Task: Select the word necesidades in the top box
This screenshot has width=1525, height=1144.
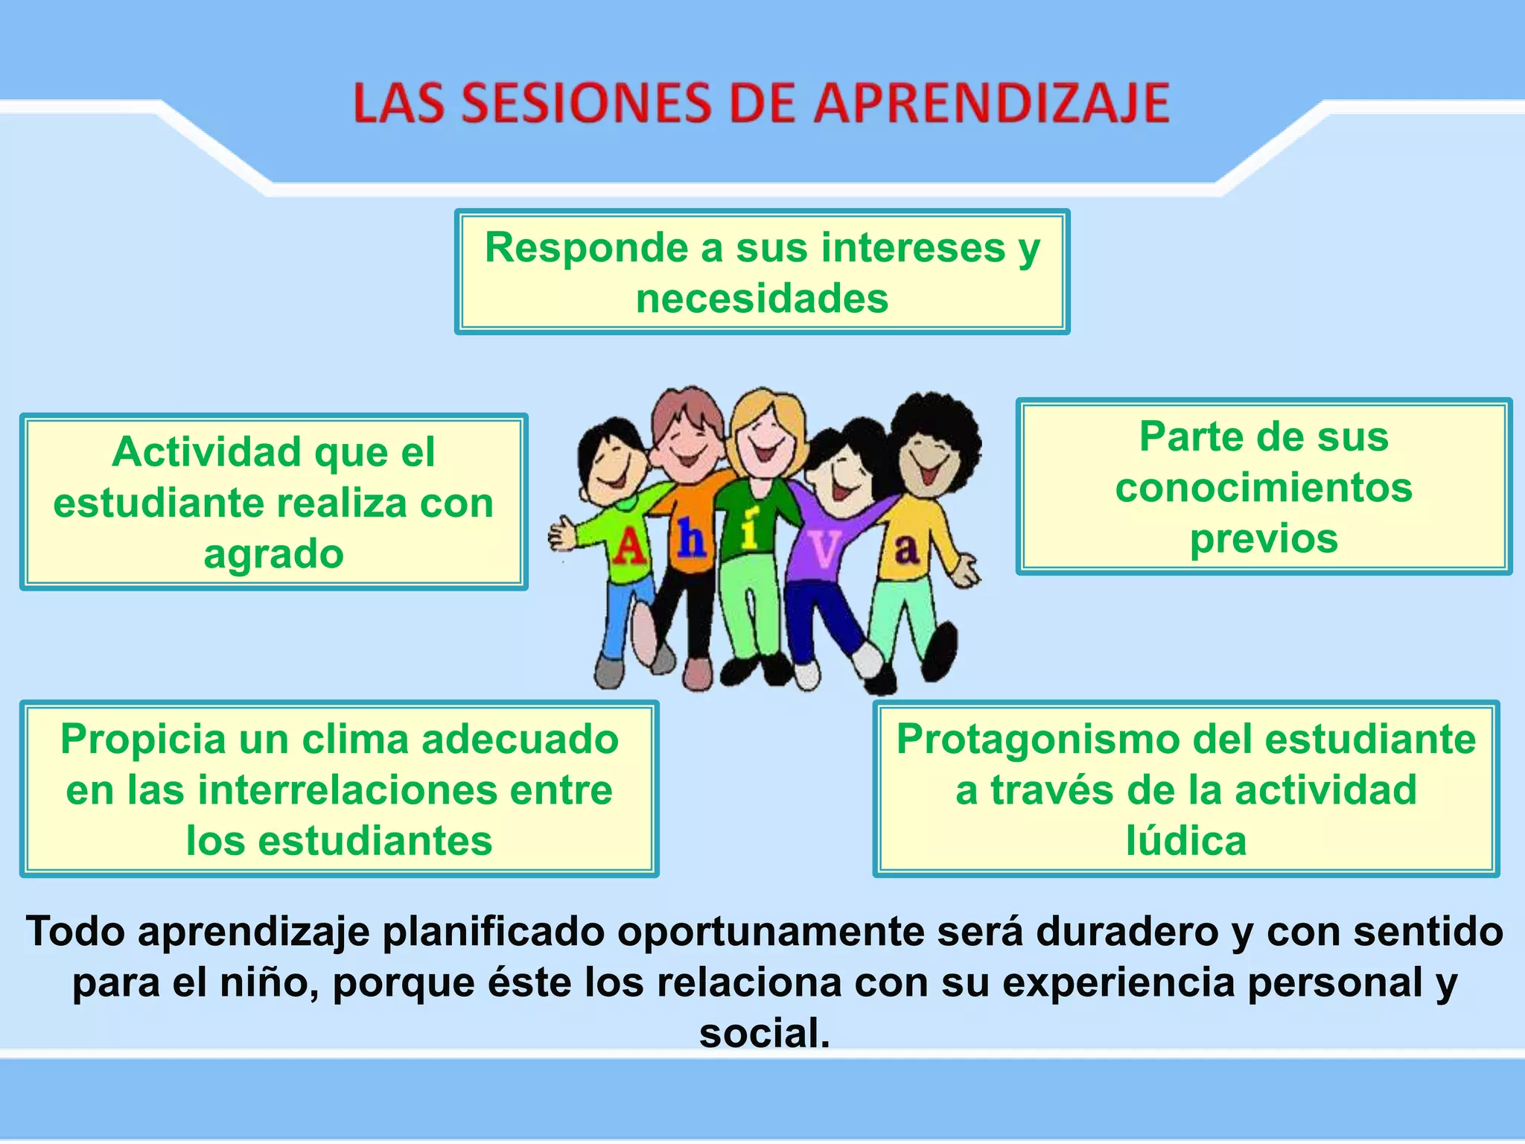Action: (x=762, y=299)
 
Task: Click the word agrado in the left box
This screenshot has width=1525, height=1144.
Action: (x=273, y=554)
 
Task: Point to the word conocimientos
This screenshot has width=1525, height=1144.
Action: (x=1264, y=488)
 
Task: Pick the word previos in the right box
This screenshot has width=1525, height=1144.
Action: (x=1264, y=538)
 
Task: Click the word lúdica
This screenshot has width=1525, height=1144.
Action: (x=1186, y=841)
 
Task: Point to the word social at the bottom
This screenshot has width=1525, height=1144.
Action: (x=763, y=1033)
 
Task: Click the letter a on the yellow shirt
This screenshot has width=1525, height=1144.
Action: (x=906, y=549)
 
